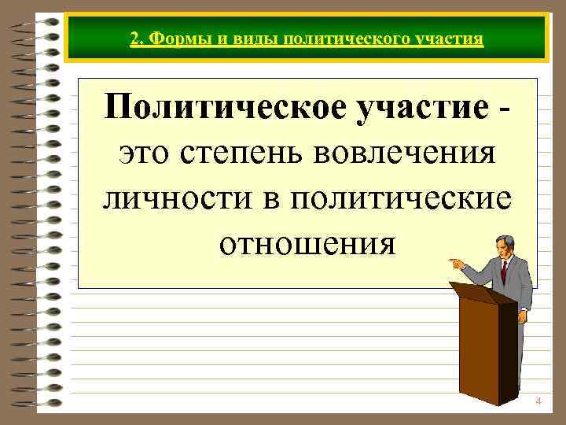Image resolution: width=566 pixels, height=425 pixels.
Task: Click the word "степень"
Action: pyautogui.click(x=244, y=152)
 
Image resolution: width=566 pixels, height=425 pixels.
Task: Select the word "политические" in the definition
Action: pyautogui.click(x=399, y=198)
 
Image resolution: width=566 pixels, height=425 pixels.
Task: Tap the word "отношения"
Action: pyautogui.click(x=307, y=243)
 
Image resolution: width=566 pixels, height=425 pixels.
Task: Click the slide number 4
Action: pyautogui.click(x=538, y=401)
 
